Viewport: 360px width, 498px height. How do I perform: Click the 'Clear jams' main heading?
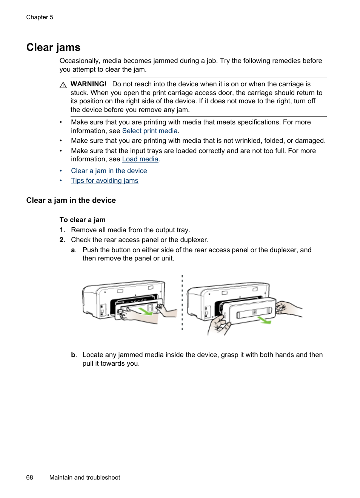pos(53,48)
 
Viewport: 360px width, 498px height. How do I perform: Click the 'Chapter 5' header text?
pos(40,17)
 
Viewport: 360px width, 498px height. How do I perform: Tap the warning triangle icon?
pos(63,85)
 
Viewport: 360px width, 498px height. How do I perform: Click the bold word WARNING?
pos(88,84)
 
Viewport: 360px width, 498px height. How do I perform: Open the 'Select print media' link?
pos(149,131)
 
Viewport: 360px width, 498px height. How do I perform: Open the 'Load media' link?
pos(140,159)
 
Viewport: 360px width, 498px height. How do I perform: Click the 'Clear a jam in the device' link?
pos(109,171)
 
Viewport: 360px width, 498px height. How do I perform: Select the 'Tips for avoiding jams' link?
pos(105,181)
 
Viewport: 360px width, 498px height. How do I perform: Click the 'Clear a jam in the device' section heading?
pos(71,200)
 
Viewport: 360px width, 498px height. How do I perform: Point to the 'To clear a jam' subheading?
pos(82,220)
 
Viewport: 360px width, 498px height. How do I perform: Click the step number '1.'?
pos(62,230)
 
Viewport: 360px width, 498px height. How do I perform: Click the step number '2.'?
pos(62,240)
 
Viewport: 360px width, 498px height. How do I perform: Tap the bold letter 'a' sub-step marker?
pos(74,250)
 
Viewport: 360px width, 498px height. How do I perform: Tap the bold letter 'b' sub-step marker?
pos(74,355)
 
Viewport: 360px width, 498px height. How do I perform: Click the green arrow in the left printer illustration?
pos(145,311)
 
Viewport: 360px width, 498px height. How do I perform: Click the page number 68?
pos(29,477)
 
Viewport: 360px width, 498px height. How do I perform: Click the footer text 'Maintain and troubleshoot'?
pos(85,477)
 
